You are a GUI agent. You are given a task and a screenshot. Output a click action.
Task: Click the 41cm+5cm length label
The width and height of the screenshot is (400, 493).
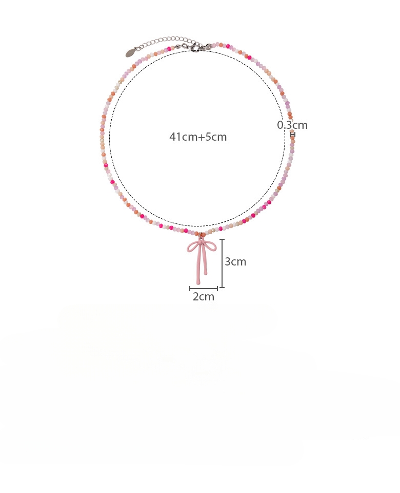pyautogui.click(x=198, y=137)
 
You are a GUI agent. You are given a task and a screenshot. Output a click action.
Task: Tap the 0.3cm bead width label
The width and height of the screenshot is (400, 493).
pyautogui.click(x=292, y=125)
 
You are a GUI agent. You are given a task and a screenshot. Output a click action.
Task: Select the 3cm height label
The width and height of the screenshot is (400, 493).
pyautogui.click(x=235, y=262)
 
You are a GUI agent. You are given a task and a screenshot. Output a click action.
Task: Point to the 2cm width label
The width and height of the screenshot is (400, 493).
pyautogui.click(x=204, y=296)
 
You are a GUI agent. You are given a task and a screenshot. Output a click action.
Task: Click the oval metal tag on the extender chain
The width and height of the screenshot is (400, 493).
pyautogui.click(x=132, y=52)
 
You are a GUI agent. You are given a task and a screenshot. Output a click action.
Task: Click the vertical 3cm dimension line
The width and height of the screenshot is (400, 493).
pyautogui.click(x=222, y=263)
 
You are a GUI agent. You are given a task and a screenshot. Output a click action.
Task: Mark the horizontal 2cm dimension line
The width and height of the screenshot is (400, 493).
pyautogui.click(x=204, y=289)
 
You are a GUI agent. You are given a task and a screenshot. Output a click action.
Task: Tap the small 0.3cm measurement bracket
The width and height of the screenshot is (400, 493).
pyautogui.click(x=292, y=135)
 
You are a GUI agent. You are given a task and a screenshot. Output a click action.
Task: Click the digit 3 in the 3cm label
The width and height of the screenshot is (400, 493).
pyautogui.click(x=228, y=262)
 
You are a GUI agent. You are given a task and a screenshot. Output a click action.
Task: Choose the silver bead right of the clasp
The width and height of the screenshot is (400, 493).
pyautogui.click(x=209, y=47)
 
